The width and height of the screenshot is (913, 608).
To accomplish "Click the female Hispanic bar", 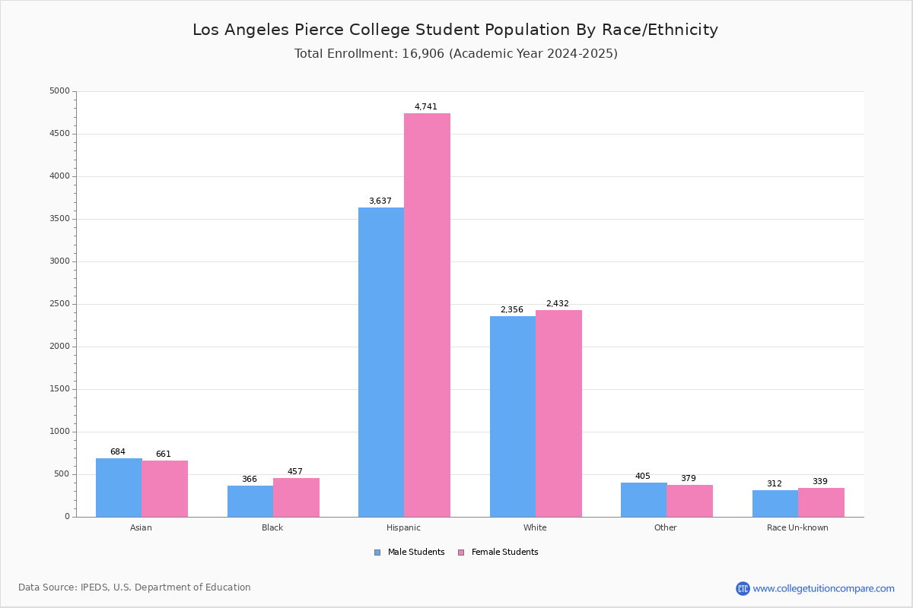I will [427, 315].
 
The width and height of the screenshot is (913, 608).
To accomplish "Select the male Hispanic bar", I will [381, 362].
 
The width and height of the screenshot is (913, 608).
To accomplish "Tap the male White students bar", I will [513, 416].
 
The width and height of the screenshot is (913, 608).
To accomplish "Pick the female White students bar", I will [558, 413].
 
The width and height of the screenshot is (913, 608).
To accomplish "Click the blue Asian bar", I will [119, 487].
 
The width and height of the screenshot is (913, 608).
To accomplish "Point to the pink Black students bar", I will [296, 497].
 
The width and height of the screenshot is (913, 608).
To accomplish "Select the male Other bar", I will [644, 499].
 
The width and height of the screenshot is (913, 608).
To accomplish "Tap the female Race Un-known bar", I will [821, 502].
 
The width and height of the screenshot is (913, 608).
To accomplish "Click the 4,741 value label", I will [426, 107].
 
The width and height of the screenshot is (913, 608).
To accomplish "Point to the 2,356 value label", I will [511, 310].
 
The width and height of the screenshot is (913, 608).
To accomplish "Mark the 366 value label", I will [250, 480].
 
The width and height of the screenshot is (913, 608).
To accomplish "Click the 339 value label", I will [820, 482].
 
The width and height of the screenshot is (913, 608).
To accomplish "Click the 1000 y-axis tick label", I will [60, 432].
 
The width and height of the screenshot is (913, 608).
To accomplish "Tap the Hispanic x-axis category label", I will [403, 527].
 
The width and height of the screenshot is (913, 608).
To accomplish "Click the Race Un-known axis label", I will [797, 527].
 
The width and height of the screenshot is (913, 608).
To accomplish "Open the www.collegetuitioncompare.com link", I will [823, 588].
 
